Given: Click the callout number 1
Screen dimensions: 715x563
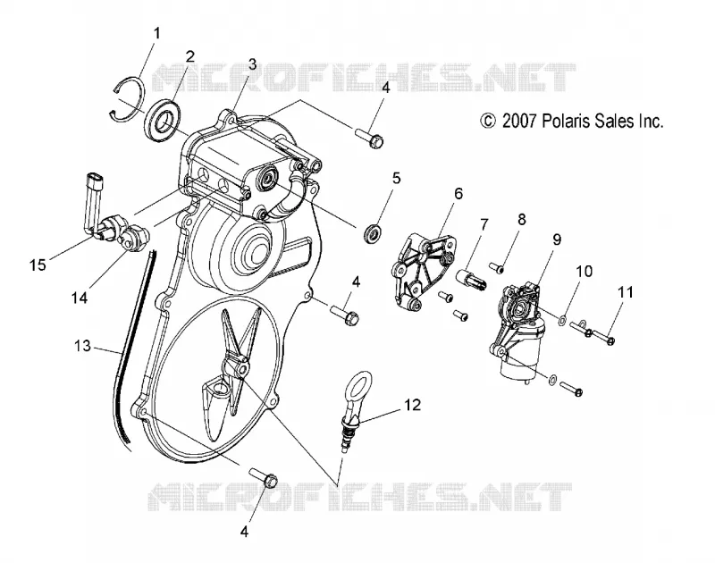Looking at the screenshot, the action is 156,34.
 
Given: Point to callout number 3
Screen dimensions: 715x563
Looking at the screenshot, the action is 252,64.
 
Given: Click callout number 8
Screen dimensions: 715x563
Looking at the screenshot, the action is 521,220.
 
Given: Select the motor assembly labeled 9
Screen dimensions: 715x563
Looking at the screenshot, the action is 520,332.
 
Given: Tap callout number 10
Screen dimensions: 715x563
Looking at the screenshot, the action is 585,272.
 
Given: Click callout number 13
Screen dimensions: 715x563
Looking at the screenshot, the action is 82,347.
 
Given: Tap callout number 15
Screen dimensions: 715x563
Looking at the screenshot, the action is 38,265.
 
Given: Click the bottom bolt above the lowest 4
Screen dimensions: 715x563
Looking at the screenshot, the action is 265,477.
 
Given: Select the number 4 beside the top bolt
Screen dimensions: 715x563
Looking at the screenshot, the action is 386,88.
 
